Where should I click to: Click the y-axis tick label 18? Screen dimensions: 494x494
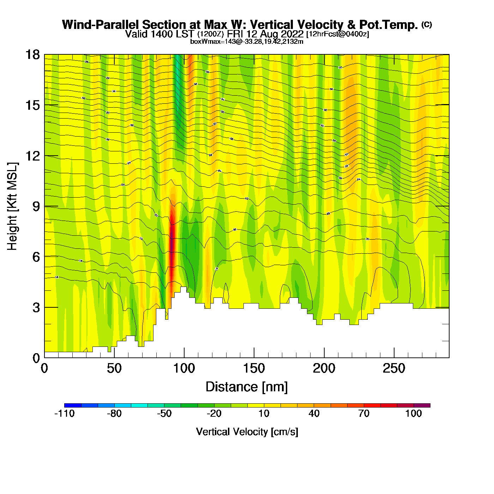[32, 55]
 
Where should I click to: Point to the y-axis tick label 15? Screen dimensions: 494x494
[32, 105]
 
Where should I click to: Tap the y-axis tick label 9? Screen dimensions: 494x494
[36, 206]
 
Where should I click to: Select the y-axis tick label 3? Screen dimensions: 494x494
[36, 308]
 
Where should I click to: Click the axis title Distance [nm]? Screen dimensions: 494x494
[247, 387]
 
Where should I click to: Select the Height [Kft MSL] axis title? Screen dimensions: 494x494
[12, 206]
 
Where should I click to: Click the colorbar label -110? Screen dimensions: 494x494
[65, 414]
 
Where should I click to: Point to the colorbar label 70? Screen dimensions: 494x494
[364, 414]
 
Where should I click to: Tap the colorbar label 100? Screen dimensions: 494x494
[414, 414]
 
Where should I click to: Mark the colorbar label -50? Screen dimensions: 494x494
[164, 414]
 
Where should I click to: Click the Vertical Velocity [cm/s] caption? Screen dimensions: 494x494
[247, 432]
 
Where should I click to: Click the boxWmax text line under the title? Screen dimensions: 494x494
[247, 42]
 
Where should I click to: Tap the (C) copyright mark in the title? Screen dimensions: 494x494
[427, 24]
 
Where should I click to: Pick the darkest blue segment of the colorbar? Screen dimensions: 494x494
[73, 405]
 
